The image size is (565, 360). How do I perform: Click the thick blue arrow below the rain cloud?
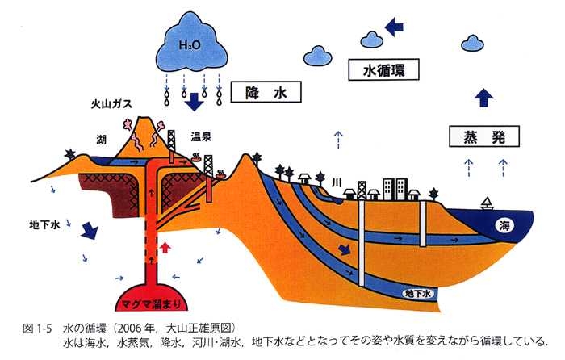194,103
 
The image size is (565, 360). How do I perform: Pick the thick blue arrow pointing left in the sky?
395,28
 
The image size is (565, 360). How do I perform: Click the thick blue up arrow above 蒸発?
483,97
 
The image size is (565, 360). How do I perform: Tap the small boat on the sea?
488,203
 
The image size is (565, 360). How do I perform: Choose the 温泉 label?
201,136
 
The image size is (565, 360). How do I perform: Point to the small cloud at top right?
471,42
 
